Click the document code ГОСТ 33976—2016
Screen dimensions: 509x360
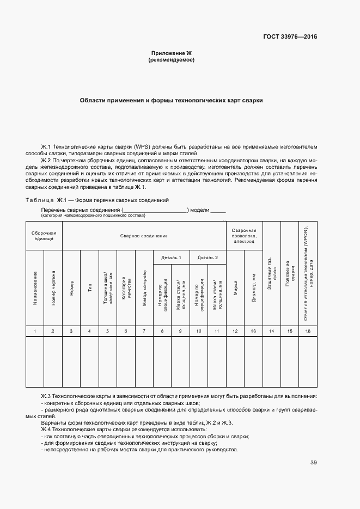pyautogui.click(x=290, y=37)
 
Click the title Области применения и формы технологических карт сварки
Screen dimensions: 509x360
pyautogui.click(x=171, y=101)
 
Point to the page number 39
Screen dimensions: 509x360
pyautogui.click(x=314, y=463)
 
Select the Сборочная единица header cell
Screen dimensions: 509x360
pyautogui.click(x=44, y=236)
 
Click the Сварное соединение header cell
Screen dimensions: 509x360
pyautogui.click(x=144, y=236)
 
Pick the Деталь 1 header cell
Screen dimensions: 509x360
pyautogui.click(x=171, y=257)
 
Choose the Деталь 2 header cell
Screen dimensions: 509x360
pyautogui.click(x=208, y=257)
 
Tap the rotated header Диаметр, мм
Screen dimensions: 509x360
pyautogui.click(x=253, y=295)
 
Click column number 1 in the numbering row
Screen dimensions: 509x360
pyautogui.click(x=35, y=331)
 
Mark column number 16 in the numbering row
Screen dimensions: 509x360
pyautogui.click(x=308, y=331)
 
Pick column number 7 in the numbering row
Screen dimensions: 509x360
pyautogui.click(x=144, y=331)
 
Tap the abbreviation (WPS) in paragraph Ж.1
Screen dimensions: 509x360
pyautogui.click(x=143, y=147)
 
